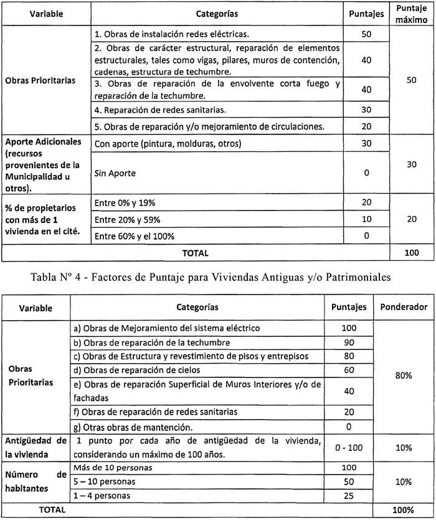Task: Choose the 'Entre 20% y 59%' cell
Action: (x=127, y=219)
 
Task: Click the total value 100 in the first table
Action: (x=407, y=253)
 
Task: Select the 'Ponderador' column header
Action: (x=404, y=307)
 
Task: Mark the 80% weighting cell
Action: (x=404, y=376)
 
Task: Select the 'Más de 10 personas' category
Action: (x=112, y=468)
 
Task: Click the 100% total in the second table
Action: (x=404, y=509)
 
